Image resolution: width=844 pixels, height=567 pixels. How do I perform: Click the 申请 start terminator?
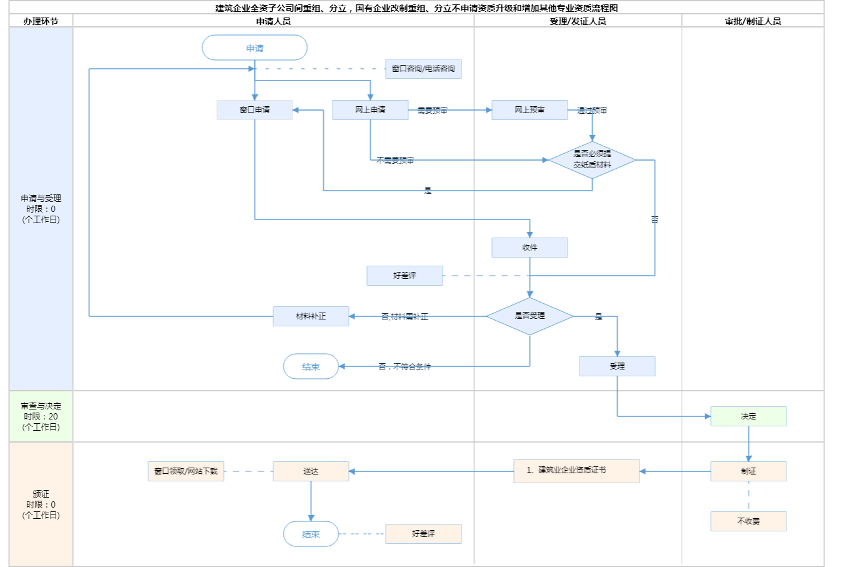pos(254,48)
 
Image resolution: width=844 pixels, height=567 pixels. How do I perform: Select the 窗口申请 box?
pos(254,110)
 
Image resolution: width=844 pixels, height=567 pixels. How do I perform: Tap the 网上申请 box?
pos(370,110)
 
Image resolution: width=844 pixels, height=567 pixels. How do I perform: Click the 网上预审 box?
pos(530,110)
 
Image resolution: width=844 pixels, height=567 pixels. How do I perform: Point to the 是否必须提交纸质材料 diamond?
pos(592,160)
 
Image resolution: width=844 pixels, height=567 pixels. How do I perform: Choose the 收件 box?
pos(530,248)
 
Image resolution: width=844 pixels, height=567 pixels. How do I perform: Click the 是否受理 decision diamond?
pos(530,316)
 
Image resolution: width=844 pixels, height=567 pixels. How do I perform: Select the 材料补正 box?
pos(311,316)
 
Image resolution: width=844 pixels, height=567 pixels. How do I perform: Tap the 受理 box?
pos(617,366)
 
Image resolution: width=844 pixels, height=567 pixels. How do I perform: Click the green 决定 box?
pos(748,416)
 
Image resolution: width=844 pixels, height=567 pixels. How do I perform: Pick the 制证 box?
pos(748,471)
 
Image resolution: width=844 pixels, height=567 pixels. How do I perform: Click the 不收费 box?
pos(748,521)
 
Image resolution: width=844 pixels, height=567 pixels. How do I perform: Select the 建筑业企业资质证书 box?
pos(576,471)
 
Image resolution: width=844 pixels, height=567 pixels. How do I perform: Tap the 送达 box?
pos(311,471)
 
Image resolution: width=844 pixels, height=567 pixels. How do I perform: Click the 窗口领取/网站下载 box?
pos(186,471)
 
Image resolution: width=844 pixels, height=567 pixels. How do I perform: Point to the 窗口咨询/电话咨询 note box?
pos(423,69)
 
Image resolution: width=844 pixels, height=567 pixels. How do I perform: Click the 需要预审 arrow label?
pos(432,111)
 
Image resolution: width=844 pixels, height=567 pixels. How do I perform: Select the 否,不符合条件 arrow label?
pos(404,367)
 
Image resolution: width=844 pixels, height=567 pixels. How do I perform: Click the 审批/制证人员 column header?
pos(753,21)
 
